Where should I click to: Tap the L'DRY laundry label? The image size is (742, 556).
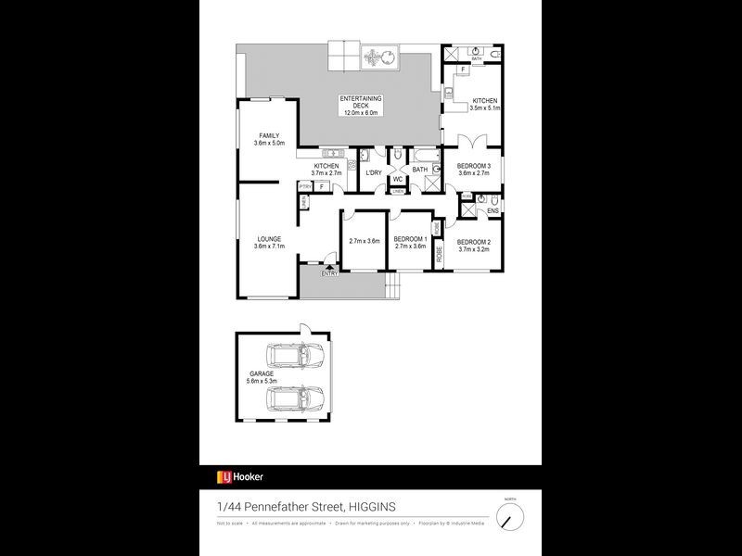point(374,173)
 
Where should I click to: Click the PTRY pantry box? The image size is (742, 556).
point(304,186)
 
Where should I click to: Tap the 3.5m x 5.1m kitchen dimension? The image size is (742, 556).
point(485,108)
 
